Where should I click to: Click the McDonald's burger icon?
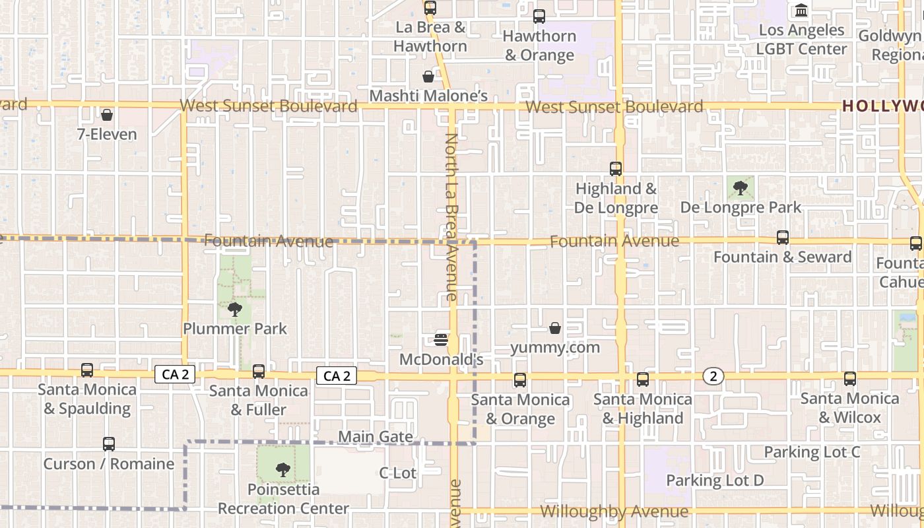coord(442,340)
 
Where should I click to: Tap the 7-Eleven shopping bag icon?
coord(107,115)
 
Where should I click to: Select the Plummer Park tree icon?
coord(234,309)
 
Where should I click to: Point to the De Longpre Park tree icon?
coord(741,188)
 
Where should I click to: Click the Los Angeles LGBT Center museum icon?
coord(802,11)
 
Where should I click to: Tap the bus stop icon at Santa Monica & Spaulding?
coord(87,370)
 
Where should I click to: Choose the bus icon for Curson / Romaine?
coord(109,444)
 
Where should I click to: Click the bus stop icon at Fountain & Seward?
coord(783,238)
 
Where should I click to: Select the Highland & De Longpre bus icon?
coord(616,169)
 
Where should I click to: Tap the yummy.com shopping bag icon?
coord(555,328)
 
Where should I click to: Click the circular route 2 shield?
coord(713,376)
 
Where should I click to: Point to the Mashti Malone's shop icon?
coord(428,77)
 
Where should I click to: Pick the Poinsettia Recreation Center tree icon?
coord(283,470)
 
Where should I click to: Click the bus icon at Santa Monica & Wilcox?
coord(850,379)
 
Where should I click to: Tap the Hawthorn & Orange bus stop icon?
coord(539,16)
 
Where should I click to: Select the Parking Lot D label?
coord(715,480)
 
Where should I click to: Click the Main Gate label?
coord(376,437)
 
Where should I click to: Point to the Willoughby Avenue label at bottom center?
coord(614,512)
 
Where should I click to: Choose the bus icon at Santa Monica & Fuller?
coord(259,372)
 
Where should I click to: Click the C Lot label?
coord(397,473)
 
